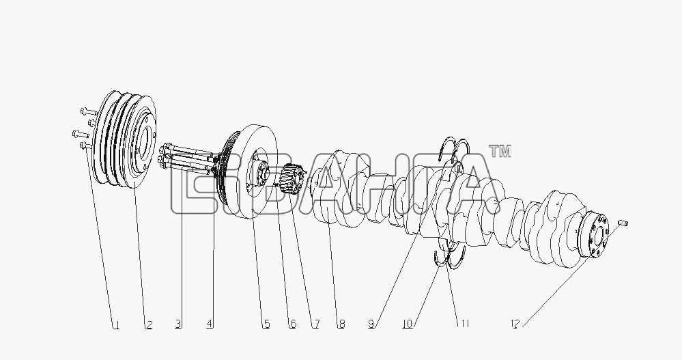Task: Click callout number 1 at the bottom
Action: pos(116,324)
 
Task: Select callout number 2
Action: pos(149,324)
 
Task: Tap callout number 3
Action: pos(178,324)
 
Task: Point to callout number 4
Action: pos(210,324)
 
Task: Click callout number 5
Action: pos(266,324)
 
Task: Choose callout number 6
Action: pos(293,324)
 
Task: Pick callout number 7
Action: pos(316,324)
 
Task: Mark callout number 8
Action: pos(341,324)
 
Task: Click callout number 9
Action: pos(371,324)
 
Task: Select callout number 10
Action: pos(408,324)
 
